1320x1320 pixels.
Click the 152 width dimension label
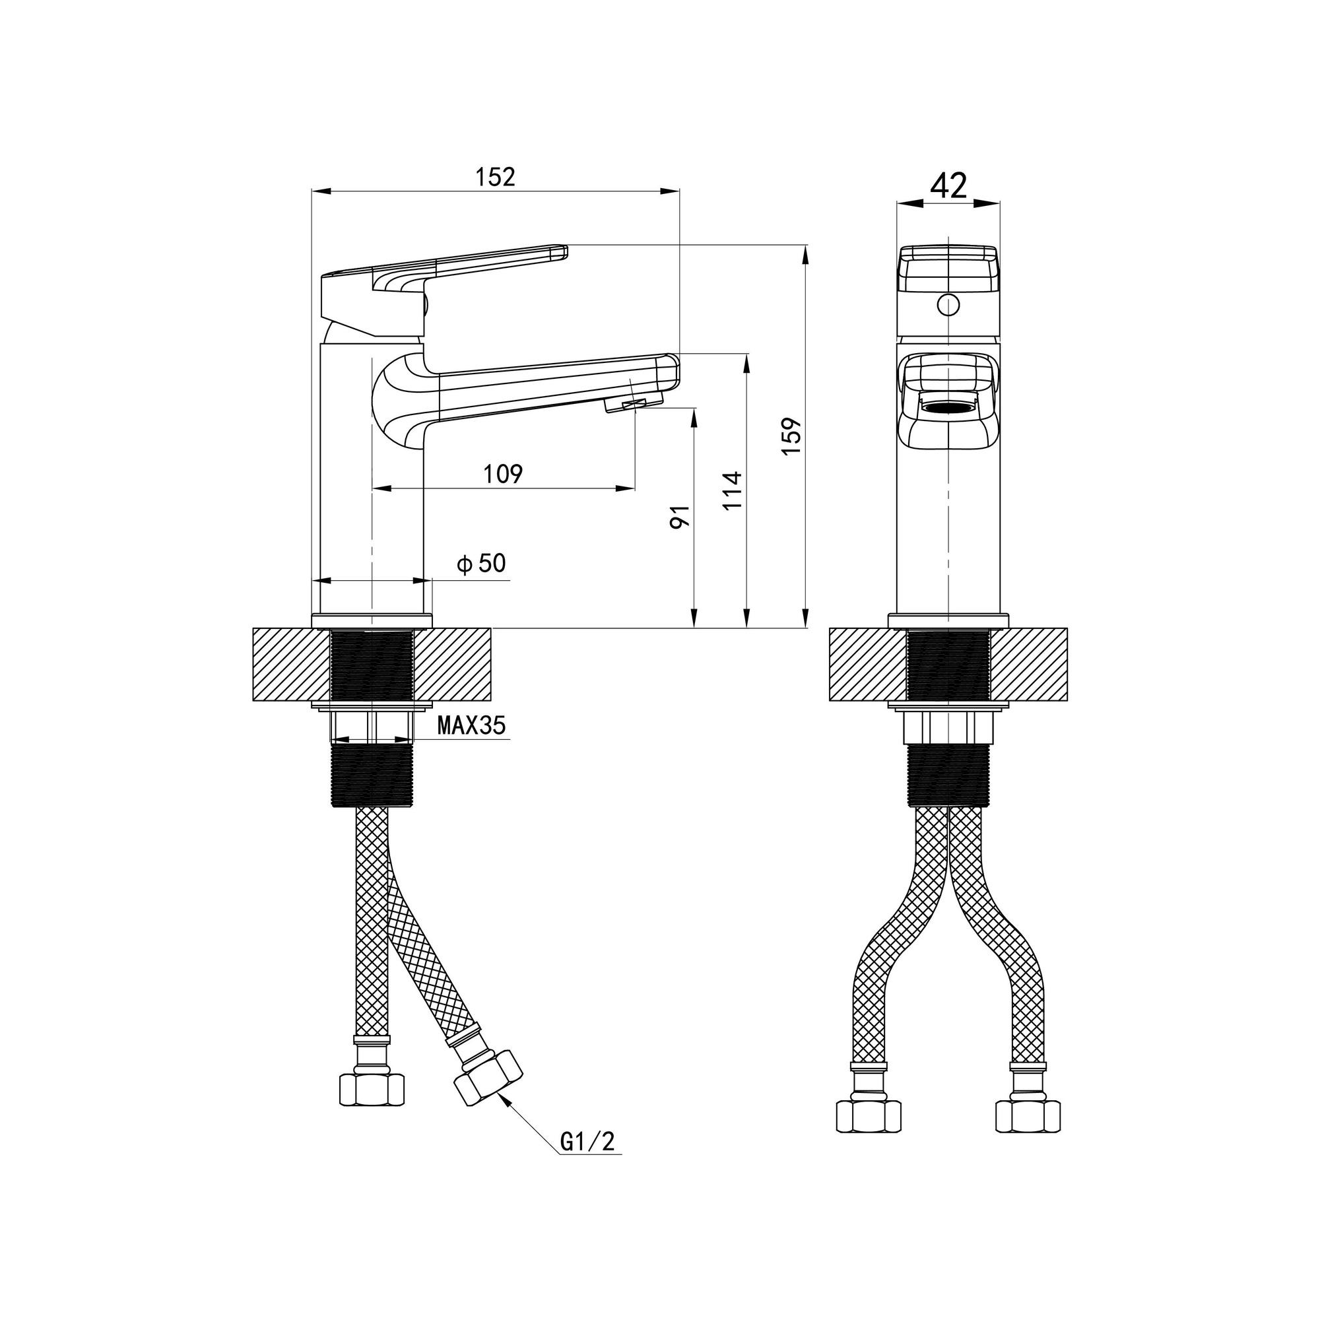click(x=496, y=177)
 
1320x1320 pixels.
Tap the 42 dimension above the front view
click(x=949, y=185)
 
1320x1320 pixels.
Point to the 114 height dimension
click(x=732, y=490)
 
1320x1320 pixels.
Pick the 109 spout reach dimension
click(x=504, y=473)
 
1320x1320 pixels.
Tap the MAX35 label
click(x=471, y=724)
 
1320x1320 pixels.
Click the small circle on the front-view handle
click(x=948, y=304)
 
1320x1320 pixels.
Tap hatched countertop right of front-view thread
click(x=1029, y=665)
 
